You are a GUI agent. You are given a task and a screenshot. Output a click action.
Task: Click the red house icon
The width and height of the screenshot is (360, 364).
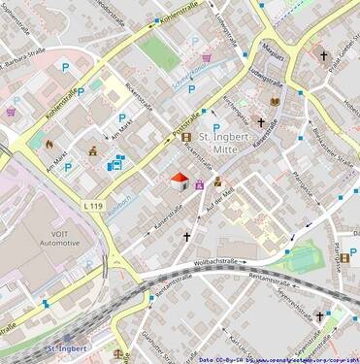coord(180,181)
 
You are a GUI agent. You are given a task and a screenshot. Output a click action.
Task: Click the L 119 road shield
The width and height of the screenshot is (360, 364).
coord(93,206)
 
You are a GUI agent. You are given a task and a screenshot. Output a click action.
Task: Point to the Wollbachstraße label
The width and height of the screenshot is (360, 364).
coord(216,262)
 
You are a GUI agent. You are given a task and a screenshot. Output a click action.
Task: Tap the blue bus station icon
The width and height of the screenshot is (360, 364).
coord(115,163)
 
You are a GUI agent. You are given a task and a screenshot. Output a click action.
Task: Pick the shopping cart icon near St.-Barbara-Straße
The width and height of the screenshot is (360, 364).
coord(11,112)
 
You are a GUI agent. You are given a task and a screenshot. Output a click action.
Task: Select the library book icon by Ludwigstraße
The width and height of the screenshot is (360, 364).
coord(275,101)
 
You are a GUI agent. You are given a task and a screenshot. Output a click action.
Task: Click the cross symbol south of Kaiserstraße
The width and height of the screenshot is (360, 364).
coord(187,236)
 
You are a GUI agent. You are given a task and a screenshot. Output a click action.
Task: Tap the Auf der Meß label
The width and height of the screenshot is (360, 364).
coord(222,201)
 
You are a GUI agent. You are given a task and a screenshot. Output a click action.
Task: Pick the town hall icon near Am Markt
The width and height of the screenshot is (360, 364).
coord(93,152)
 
